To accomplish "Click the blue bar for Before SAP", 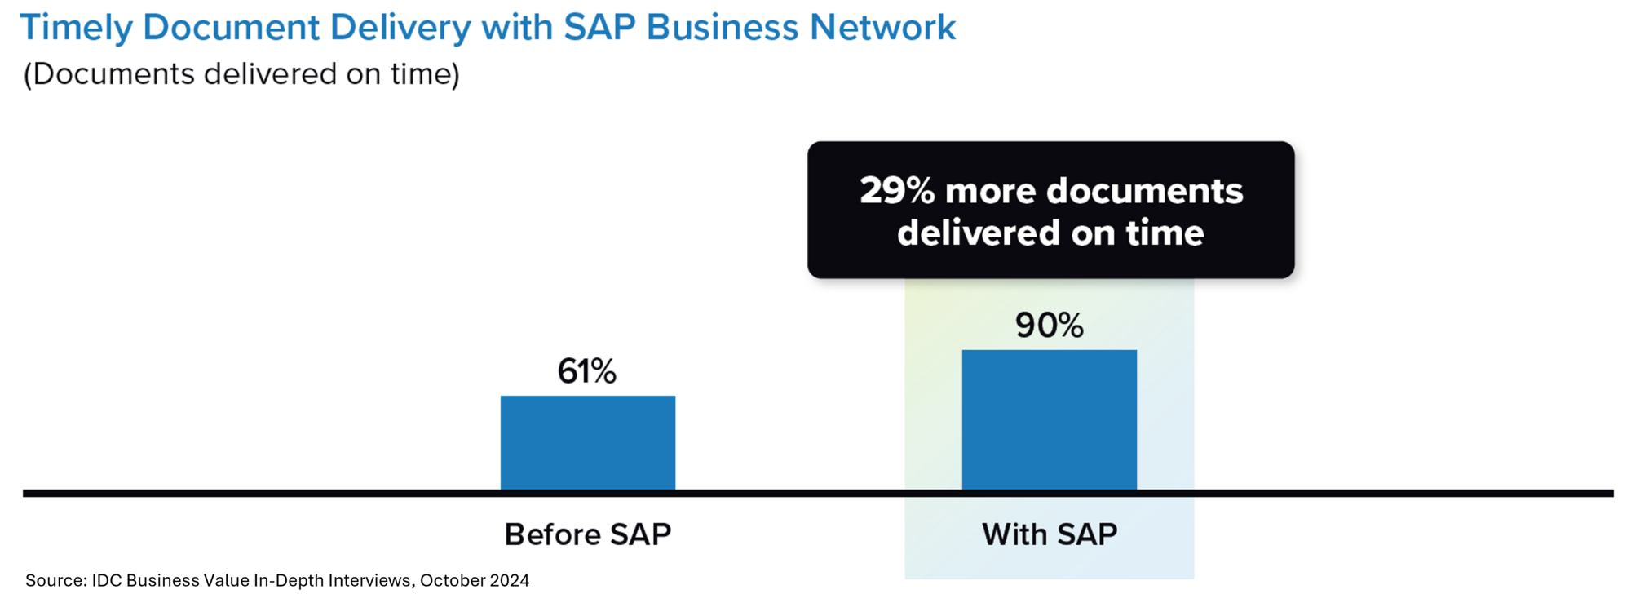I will [x=587, y=443].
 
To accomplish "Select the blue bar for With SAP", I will [x=1049, y=420].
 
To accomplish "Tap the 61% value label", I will [x=587, y=371].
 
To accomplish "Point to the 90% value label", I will [x=1049, y=326].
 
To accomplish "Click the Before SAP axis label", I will [x=587, y=534].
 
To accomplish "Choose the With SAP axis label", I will [x=1049, y=534].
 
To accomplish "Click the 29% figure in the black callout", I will [x=896, y=191].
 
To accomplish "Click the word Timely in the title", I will [x=76, y=28].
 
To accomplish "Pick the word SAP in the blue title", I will [x=599, y=28].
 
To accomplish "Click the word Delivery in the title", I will [x=400, y=28].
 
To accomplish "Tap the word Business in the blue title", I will [x=722, y=28].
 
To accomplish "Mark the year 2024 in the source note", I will [x=509, y=580].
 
